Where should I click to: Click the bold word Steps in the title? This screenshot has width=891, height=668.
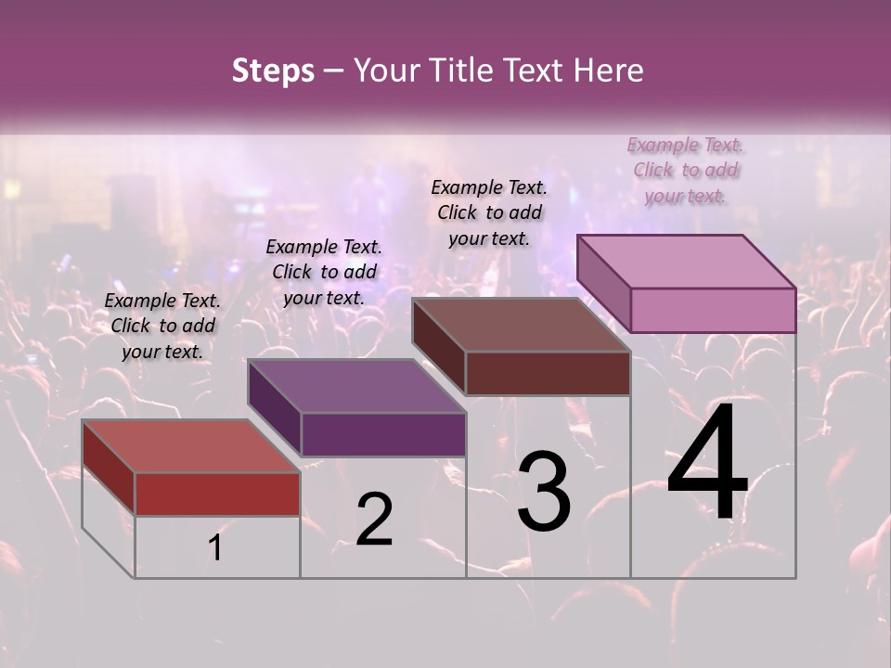[x=273, y=71]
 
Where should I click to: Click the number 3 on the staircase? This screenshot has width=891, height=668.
[x=544, y=491]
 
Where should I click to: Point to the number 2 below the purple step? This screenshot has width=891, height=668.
[x=374, y=520]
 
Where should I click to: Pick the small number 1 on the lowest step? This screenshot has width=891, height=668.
[x=215, y=547]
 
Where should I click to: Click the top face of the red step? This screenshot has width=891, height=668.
[x=190, y=445]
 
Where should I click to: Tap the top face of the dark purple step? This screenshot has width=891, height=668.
[x=356, y=386]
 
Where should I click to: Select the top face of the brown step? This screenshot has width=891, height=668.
[x=521, y=325]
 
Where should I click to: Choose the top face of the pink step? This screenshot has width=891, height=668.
[x=686, y=261]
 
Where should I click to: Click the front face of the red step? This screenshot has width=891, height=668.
[x=217, y=494]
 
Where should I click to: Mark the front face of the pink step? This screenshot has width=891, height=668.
[x=713, y=310]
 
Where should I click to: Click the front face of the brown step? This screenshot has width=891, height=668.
[x=548, y=373]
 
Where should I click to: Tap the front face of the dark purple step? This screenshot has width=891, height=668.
[x=383, y=434]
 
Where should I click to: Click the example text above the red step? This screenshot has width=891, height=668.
[x=162, y=327]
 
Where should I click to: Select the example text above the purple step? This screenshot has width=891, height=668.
[x=324, y=273]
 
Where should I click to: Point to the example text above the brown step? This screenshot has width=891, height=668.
[x=489, y=212]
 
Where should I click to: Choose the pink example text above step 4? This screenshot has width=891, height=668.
[x=686, y=171]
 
